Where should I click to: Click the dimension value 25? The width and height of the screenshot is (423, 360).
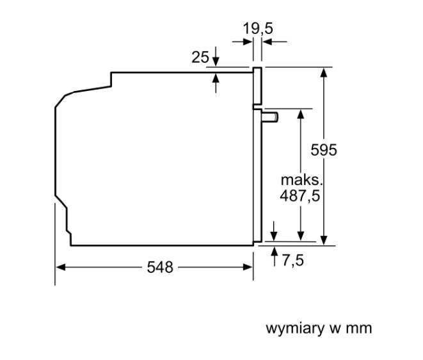click(200, 57)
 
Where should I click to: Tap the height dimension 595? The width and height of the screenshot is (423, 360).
click(324, 149)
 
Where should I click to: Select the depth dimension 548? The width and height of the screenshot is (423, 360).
click(160, 267)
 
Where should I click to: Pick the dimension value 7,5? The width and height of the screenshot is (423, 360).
click(291, 259)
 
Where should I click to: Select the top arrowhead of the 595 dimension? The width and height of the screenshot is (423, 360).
click(324, 71)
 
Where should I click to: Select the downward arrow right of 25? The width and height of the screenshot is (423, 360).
click(216, 60)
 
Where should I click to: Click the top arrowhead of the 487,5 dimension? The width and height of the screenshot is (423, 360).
click(299, 113)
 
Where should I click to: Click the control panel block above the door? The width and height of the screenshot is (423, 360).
click(258, 86)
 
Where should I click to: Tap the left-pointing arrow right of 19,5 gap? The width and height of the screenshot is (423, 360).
click(267, 42)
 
